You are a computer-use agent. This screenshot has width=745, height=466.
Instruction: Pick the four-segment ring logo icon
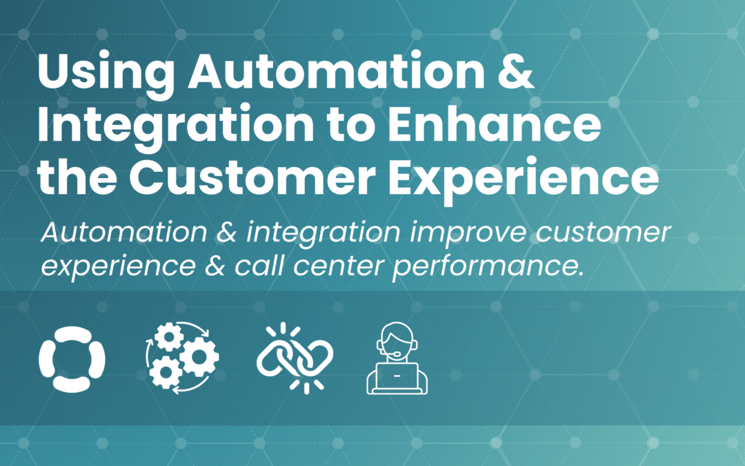point(72,358)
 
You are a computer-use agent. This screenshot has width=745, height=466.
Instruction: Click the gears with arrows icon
point(182,358)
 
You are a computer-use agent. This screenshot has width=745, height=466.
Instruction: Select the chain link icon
point(295,358)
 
